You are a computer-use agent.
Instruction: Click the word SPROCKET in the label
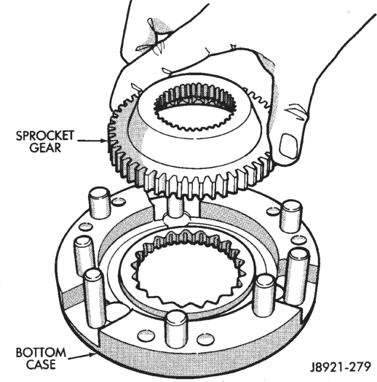45,136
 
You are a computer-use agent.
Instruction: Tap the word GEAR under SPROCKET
45,148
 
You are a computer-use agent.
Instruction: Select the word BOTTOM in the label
41,353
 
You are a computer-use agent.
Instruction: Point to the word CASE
41,365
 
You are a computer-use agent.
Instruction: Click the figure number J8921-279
341,367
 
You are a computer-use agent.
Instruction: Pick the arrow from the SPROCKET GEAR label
92,141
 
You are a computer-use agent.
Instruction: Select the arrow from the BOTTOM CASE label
82,356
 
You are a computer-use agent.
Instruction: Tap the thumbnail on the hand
289,147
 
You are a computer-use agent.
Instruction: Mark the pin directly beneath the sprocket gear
175,207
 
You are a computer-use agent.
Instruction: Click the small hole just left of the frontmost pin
146,337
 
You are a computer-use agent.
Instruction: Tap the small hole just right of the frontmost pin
205,340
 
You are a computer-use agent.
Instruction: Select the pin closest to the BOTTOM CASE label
94,298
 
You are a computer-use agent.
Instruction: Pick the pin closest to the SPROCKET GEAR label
99,203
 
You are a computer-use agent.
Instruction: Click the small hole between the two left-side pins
86,227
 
